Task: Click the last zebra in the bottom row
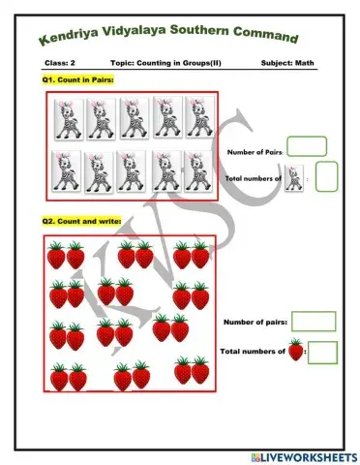199,170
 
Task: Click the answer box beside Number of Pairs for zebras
307,147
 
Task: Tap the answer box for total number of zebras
326,176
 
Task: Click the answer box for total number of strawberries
322,352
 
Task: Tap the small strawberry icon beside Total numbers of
296,351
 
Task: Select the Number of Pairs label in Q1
255,152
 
